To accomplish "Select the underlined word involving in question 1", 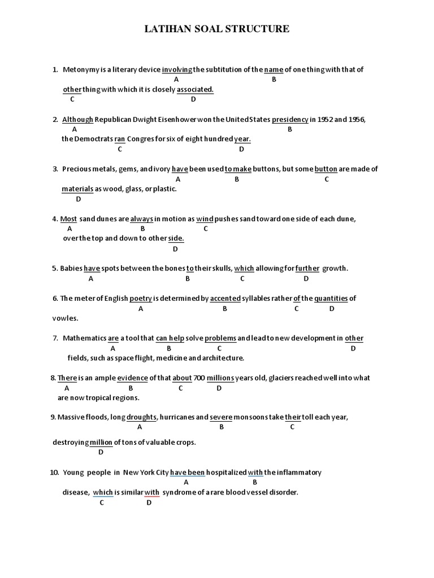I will [177, 69].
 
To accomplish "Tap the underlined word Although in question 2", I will [77, 120].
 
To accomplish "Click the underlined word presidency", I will [290, 120].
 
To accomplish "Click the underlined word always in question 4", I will [142, 218].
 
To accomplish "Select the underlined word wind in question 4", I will [205, 218].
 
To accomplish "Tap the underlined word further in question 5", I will [307, 269].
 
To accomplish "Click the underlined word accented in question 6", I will [225, 299].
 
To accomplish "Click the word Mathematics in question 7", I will [84, 339].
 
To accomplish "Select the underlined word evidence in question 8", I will [132, 378].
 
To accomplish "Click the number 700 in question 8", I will [199, 378].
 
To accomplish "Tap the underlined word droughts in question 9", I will [141, 417].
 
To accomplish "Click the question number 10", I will [54, 472].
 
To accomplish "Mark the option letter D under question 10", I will [149, 503].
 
